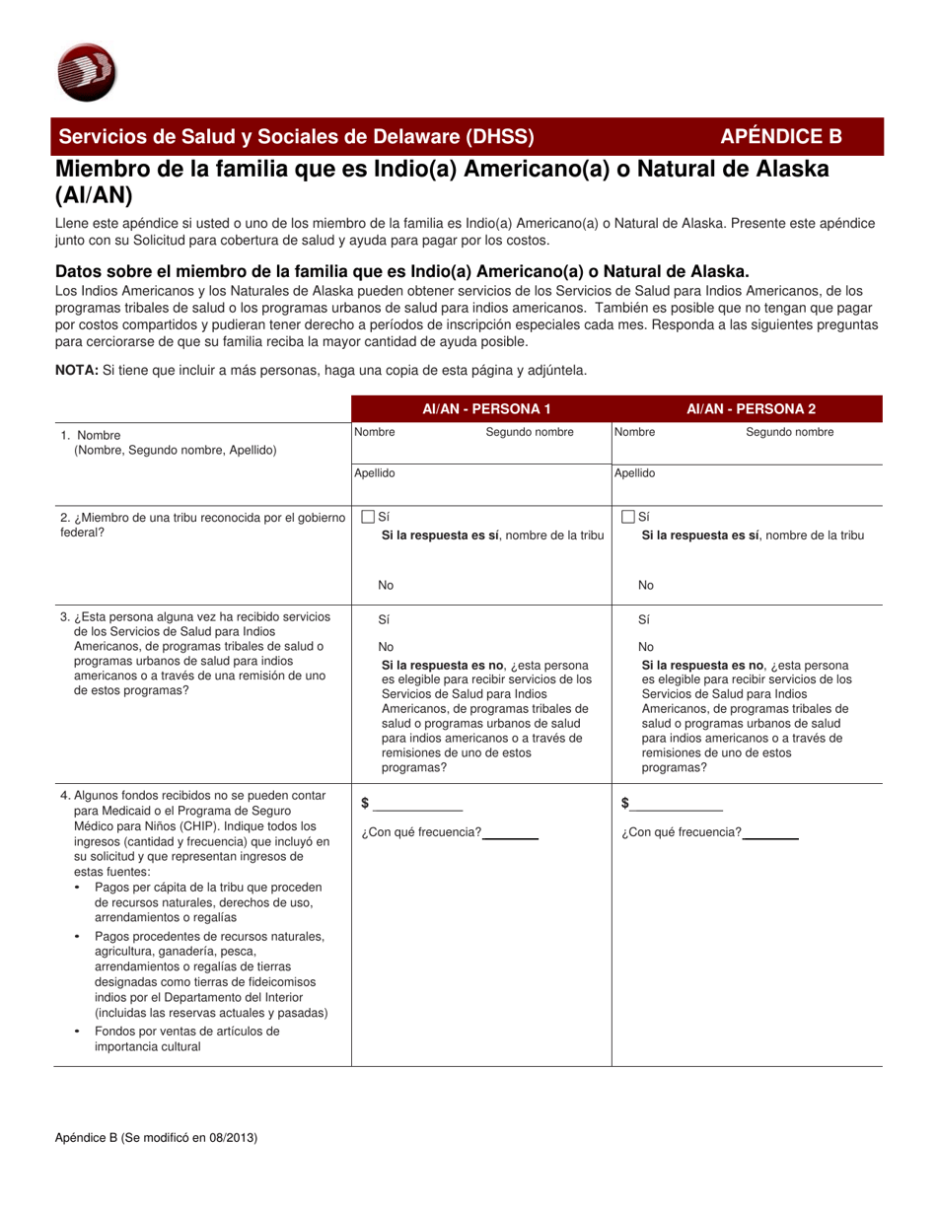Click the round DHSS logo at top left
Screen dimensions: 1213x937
pos(87,73)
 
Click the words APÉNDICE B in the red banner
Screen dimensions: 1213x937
pos(781,137)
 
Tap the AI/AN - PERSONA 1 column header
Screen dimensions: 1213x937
pos(481,408)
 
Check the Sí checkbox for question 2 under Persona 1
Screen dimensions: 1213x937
pos(369,516)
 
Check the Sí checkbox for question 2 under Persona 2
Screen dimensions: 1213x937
pos(629,516)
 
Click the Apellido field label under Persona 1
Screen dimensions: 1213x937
pos(375,473)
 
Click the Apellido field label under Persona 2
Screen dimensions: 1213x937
pos(634,473)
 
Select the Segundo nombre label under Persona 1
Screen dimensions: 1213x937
pos(530,432)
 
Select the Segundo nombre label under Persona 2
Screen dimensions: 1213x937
pos(789,432)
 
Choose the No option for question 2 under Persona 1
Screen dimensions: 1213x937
pos(386,586)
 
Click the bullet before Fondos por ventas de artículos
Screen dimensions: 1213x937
pos(79,1031)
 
